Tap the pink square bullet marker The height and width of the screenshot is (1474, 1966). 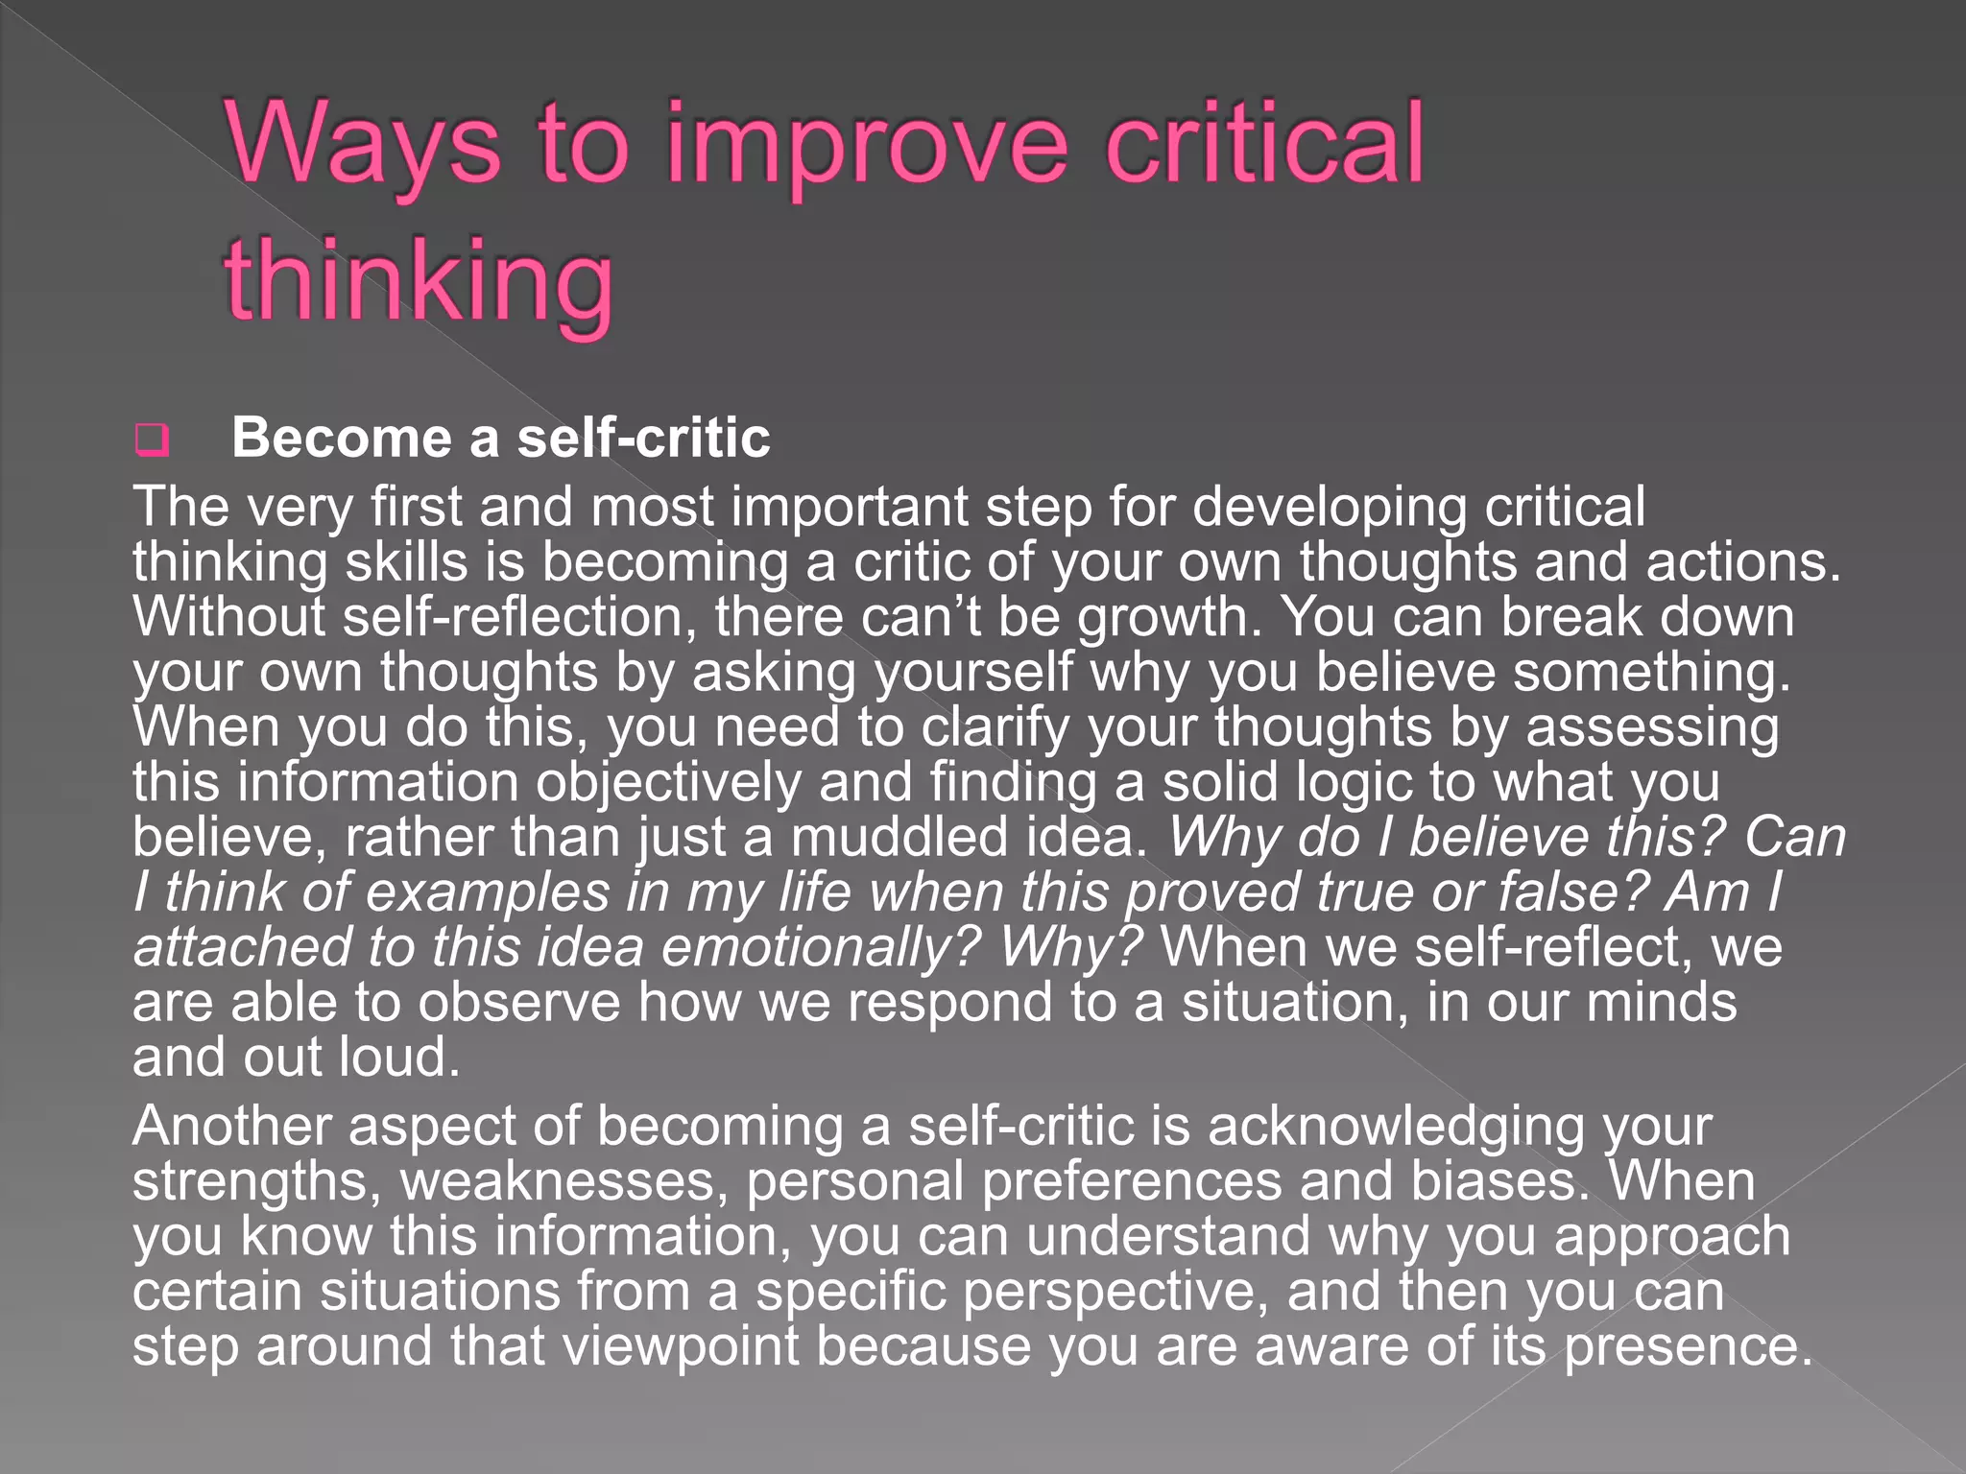point(152,440)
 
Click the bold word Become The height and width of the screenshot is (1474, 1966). point(342,439)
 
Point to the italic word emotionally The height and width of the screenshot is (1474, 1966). point(821,948)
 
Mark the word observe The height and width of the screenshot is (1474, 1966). point(519,1003)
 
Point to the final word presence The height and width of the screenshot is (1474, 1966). point(1689,1347)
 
